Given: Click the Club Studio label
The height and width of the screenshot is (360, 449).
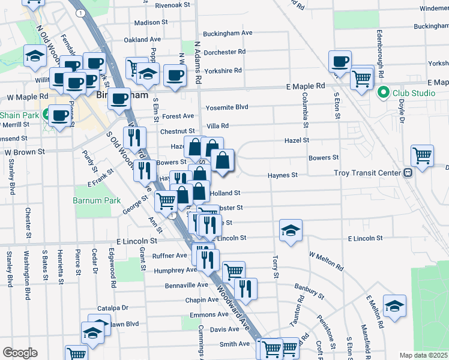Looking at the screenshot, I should [414, 93].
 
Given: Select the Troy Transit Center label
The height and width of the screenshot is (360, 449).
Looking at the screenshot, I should [367, 173].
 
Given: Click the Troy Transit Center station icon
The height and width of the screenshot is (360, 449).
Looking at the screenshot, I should [408, 173].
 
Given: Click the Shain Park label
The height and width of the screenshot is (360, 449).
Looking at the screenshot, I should [19, 115].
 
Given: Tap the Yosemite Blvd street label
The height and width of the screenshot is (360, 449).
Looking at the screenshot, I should [227, 107].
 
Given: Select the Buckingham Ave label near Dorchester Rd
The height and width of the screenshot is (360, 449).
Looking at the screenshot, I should [228, 33].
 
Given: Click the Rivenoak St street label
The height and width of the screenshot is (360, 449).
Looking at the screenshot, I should [172, 5].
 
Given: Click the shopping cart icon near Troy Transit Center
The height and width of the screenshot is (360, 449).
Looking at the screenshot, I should [423, 155].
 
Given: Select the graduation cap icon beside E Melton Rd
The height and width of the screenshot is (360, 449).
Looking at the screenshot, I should [394, 305].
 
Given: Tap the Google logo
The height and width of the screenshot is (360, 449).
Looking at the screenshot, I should [19, 353].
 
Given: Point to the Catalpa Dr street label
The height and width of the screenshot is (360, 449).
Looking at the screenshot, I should [113, 308].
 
